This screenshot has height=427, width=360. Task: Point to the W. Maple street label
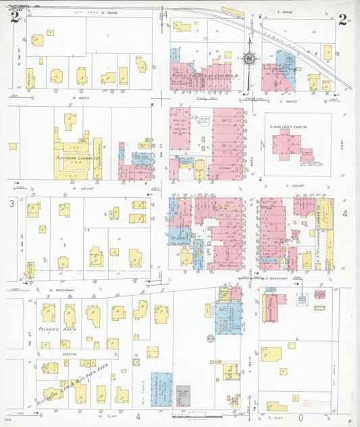pyautogui.click(x=81, y=98)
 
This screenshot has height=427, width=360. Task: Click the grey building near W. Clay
pyautogui.click(x=182, y=397)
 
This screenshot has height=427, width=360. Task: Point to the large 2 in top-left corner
pyautogui.click(x=14, y=18)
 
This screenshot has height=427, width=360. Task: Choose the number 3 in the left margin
pyautogui.click(x=11, y=203)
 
